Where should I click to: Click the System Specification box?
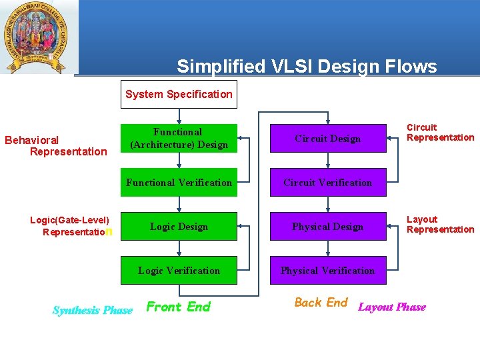pyautogui.click(x=179, y=94)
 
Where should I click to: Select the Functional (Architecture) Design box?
pyautogui.click(x=179, y=138)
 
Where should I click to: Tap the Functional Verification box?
pyautogui.click(x=179, y=182)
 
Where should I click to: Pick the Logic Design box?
pyautogui.click(x=179, y=226)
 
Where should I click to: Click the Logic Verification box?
pyautogui.click(x=179, y=270)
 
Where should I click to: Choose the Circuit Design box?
pyautogui.click(x=327, y=138)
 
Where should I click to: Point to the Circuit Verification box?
pyautogui.click(x=327, y=182)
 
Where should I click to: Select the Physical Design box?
pyautogui.click(x=327, y=226)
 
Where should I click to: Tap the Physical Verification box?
pyautogui.click(x=327, y=270)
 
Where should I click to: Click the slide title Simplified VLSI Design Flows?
pyautogui.click(x=307, y=66)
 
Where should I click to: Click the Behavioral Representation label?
pyautogui.click(x=56, y=145)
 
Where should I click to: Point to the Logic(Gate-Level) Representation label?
pyautogui.click(x=71, y=225)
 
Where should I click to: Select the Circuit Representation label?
pyautogui.click(x=440, y=132)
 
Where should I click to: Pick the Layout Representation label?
pyautogui.click(x=440, y=224)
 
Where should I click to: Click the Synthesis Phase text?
pyautogui.click(x=92, y=310)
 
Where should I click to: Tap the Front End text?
pyautogui.click(x=178, y=307)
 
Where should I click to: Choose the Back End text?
pyautogui.click(x=321, y=303)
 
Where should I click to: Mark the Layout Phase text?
pyautogui.click(x=392, y=307)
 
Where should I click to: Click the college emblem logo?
pyautogui.click(x=39, y=37)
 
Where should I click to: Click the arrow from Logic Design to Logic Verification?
pyautogui.click(x=179, y=248)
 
